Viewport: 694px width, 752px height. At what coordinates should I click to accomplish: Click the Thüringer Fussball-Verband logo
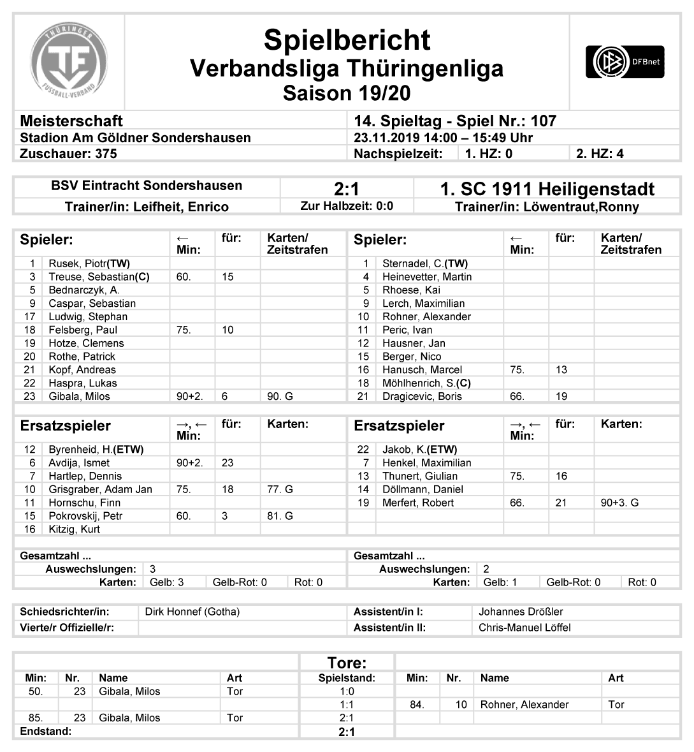point(69,62)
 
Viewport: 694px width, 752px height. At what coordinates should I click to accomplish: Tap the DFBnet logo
point(625,62)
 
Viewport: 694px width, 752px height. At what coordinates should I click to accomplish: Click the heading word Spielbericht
point(347,40)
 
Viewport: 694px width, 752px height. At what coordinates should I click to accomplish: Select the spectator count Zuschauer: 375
point(68,153)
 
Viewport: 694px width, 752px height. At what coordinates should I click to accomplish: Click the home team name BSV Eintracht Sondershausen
point(147,186)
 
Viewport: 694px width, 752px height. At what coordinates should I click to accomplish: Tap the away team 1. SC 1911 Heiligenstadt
point(547,189)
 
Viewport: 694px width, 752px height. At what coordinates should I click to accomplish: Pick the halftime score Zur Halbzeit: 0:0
point(347,206)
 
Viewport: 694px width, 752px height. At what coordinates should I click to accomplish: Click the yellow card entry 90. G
point(280,396)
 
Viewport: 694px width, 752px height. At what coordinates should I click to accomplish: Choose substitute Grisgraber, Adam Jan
point(100,489)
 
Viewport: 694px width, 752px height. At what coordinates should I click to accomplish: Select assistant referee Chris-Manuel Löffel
point(524,627)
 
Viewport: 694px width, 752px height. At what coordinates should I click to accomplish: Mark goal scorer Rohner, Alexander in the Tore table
point(524,704)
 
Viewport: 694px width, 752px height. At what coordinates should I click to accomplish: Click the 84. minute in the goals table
point(417,704)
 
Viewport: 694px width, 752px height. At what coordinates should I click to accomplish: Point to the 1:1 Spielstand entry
point(347,704)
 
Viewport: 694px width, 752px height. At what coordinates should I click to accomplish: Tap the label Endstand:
point(46,731)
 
